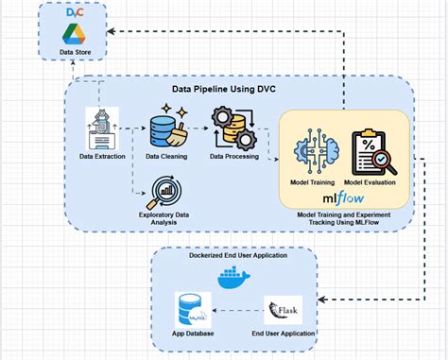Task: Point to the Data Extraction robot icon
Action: [101, 124]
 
